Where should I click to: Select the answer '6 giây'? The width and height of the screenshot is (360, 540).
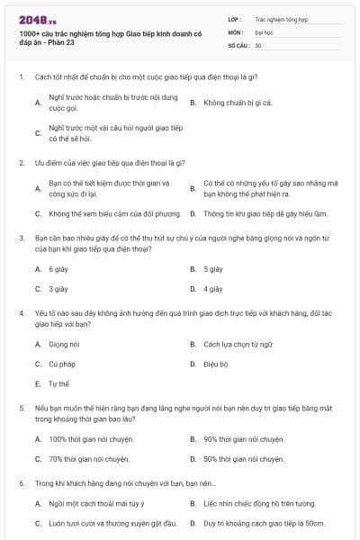coord(58,269)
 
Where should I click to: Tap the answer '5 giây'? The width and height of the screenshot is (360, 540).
coord(213,269)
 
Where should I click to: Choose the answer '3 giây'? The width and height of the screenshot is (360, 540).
coord(58,289)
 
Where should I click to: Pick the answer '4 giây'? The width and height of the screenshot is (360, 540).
coord(213,289)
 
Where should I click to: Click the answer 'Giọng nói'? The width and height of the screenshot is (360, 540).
coord(65,344)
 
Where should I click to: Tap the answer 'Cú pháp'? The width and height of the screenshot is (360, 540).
coord(62,364)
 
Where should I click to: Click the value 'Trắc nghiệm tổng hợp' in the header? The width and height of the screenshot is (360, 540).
coord(280,18)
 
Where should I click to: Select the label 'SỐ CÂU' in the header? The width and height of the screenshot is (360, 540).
coord(238,45)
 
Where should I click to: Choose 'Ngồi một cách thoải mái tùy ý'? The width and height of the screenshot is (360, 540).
coord(96,503)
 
